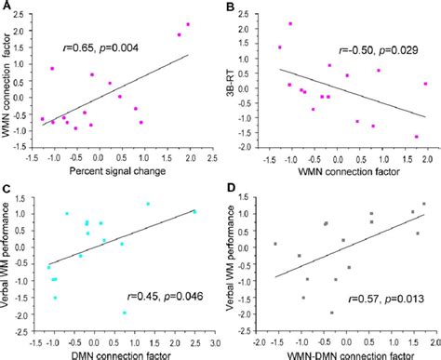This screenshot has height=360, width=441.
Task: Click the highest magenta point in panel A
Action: point(188,24)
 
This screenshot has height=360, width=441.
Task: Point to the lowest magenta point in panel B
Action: point(416,137)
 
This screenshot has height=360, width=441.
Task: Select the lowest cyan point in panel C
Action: point(125,313)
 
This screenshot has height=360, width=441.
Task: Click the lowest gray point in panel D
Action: point(332,313)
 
